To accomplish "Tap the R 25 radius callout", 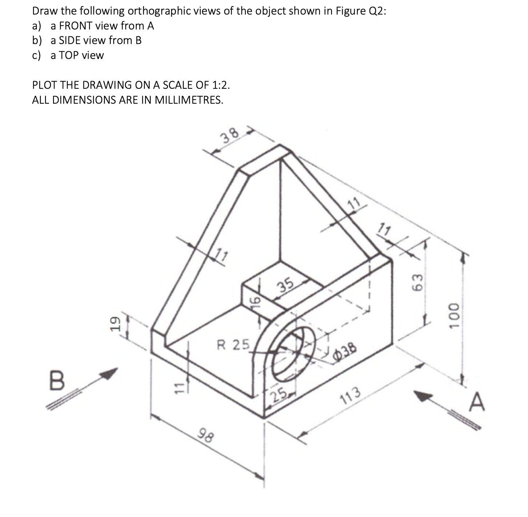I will pyautogui.click(x=233, y=344).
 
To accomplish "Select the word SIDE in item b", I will pyautogui.click(x=70, y=40).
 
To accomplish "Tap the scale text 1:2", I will pyautogui.click(x=220, y=85).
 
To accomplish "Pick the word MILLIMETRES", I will pyautogui.click(x=188, y=100).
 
